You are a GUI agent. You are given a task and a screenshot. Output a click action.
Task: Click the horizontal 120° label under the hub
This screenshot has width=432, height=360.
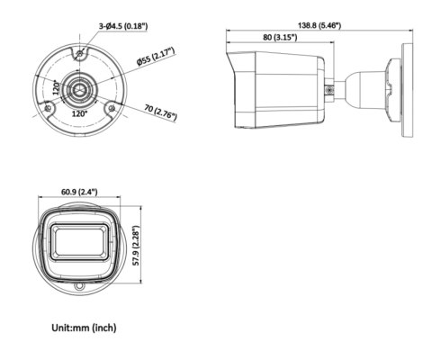pyautogui.click(x=78, y=114)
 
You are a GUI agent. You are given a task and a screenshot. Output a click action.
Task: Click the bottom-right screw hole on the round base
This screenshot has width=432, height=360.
pyautogui.click(x=112, y=108)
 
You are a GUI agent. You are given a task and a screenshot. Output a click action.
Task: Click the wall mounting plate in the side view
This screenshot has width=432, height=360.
pyautogui.click(x=395, y=89)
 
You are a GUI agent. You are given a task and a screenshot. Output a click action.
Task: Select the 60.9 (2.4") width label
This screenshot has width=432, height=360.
pyautogui.click(x=79, y=192)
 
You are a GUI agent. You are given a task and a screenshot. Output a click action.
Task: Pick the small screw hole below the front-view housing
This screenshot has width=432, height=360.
pyautogui.click(x=79, y=288)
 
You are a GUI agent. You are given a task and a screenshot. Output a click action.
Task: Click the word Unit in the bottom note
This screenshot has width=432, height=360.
pyautogui.click(x=61, y=328)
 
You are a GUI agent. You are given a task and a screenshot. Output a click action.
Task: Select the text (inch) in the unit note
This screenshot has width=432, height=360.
pyautogui.click(x=102, y=328)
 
